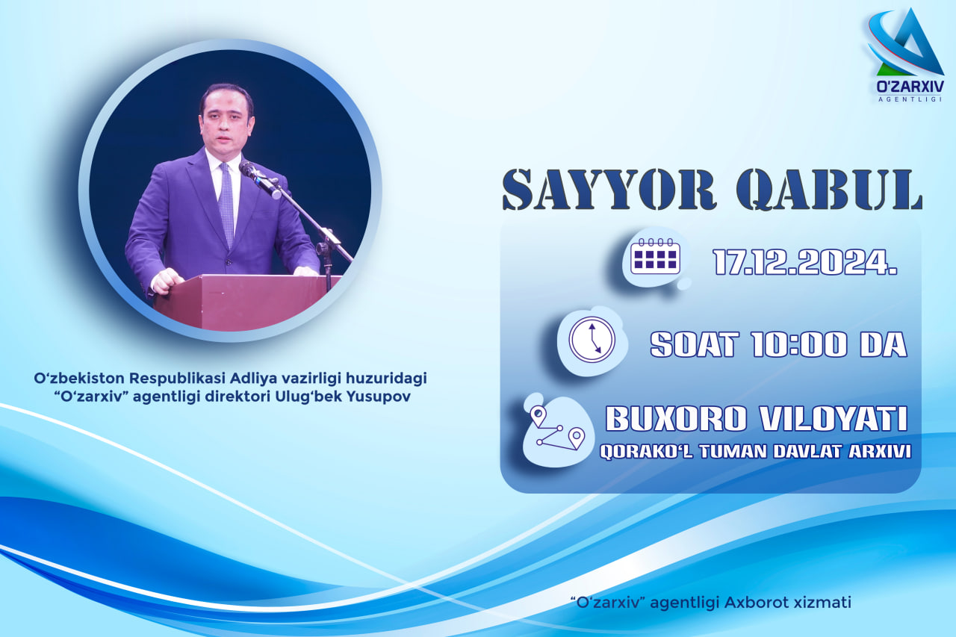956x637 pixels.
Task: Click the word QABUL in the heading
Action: (829, 190)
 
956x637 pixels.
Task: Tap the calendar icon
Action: (655, 256)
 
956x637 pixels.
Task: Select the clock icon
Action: (592, 340)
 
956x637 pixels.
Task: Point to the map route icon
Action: (557, 428)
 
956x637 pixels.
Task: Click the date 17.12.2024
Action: (805, 262)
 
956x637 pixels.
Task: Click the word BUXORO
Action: (676, 418)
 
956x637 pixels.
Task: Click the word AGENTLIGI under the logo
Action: (910, 99)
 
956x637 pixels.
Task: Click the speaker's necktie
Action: (226, 204)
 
